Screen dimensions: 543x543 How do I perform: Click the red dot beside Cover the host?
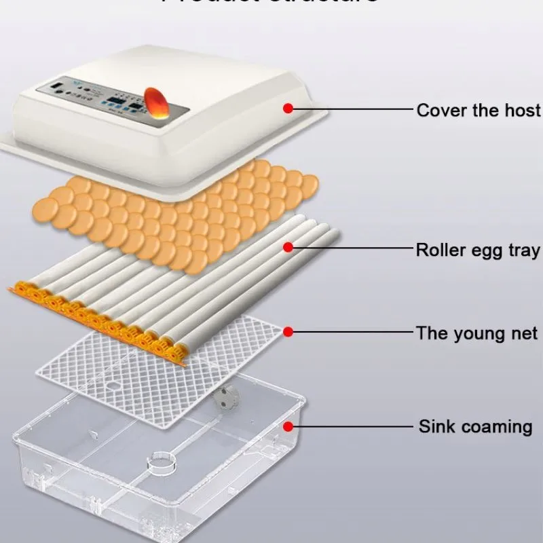click(x=288, y=108)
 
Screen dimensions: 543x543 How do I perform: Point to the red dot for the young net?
click(x=288, y=332)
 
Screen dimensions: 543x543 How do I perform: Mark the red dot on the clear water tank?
click(x=288, y=426)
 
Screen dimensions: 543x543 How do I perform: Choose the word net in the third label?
click(x=523, y=333)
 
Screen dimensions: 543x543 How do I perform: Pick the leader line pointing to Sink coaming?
click(x=353, y=426)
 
